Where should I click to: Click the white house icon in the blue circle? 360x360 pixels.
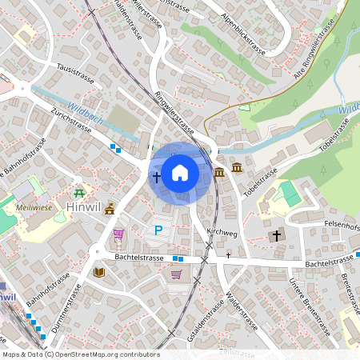click(x=180, y=172)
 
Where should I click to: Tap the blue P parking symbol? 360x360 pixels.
click(x=158, y=231)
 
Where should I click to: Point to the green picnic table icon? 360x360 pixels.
click(x=78, y=193)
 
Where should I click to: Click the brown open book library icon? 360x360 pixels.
click(x=99, y=272)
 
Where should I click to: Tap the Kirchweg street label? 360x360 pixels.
click(x=222, y=231)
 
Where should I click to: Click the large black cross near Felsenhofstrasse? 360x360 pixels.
click(x=277, y=236)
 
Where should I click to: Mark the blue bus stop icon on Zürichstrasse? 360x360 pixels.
click(x=117, y=147)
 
